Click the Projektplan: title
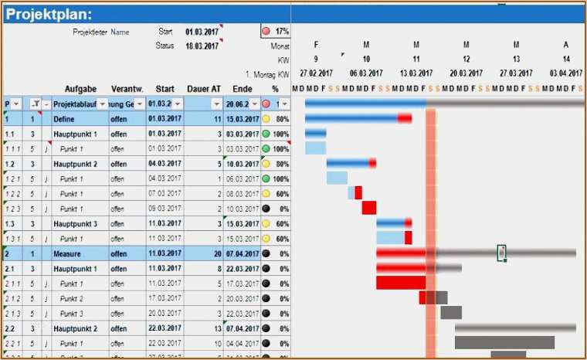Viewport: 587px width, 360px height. click(49, 15)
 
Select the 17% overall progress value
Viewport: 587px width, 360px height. click(282, 32)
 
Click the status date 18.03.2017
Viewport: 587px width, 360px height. click(202, 46)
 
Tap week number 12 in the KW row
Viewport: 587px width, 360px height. click(467, 59)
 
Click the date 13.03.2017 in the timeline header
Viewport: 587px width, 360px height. click(416, 73)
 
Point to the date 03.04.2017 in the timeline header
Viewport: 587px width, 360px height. click(566, 73)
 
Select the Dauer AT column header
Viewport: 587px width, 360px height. click(204, 89)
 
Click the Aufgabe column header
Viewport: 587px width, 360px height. click(80, 89)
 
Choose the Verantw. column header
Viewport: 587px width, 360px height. click(126, 89)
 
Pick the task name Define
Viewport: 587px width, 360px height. click(63, 120)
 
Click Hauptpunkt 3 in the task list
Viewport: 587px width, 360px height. click(75, 224)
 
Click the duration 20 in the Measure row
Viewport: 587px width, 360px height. click(217, 253)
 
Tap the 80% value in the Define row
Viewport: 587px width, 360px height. click(282, 120)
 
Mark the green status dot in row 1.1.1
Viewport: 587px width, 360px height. click(266, 148)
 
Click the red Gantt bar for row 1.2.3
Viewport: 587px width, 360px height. click(369, 207)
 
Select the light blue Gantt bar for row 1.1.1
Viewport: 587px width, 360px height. click(315, 148)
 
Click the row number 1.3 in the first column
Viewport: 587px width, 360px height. click(10, 224)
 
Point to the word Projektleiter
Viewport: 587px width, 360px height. click(90, 32)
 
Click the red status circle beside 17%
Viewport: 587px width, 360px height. click(266, 32)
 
